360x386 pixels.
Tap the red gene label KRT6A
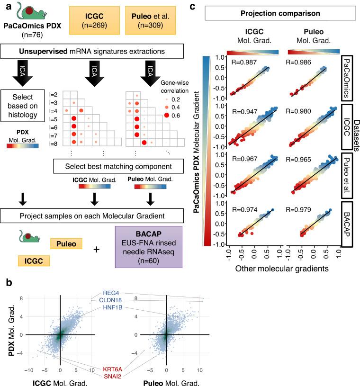(113, 368)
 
